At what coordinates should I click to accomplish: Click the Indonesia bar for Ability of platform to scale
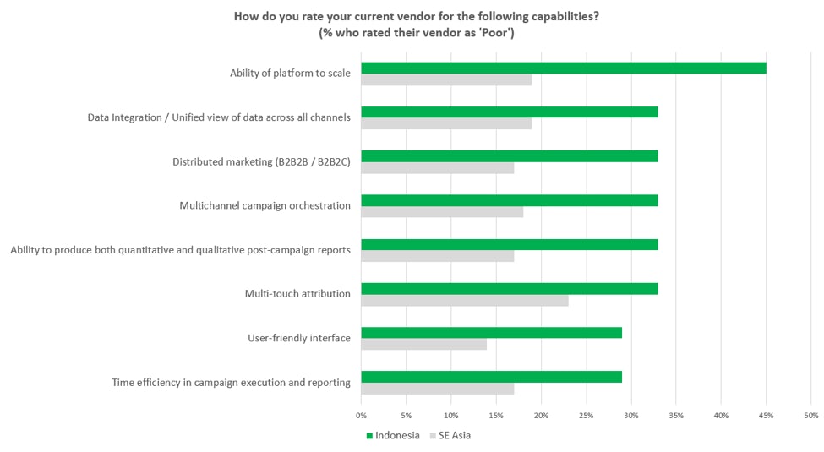tap(563, 68)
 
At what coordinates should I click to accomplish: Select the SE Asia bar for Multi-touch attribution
tap(464, 300)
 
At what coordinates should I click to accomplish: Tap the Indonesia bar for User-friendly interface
tap(491, 332)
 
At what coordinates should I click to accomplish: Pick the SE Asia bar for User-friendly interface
tap(423, 344)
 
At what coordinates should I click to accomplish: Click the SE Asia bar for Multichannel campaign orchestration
tap(441, 212)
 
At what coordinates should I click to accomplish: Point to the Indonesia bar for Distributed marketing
tap(509, 156)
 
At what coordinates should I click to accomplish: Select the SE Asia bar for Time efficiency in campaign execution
tap(437, 389)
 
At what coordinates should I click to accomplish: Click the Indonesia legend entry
tap(393, 436)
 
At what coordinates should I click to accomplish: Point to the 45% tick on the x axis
tap(766, 415)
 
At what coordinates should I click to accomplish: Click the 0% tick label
tap(361, 415)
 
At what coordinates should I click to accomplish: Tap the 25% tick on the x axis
tap(586, 415)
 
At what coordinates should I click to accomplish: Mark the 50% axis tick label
tap(810, 415)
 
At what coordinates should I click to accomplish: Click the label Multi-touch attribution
tap(297, 294)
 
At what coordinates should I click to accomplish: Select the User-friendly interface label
tap(299, 338)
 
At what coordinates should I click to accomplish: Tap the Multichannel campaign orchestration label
tap(265, 205)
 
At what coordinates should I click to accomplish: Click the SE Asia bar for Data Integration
tap(445, 123)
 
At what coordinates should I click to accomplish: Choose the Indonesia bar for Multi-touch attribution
tap(509, 288)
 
